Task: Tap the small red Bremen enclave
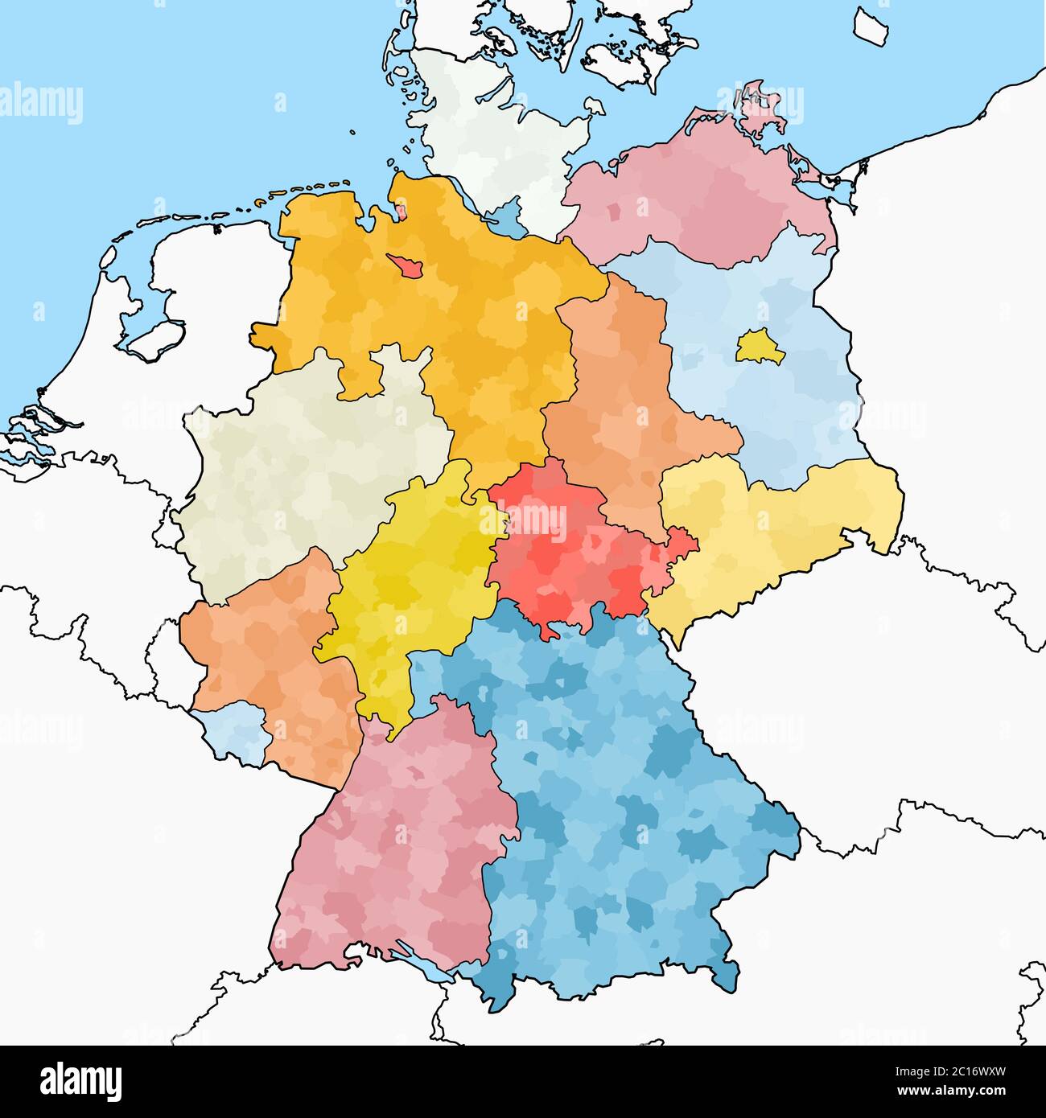[405, 266]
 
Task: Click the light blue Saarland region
[238, 732]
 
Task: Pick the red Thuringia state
[563, 547]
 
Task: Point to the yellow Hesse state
[410, 587]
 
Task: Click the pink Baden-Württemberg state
[394, 853]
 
